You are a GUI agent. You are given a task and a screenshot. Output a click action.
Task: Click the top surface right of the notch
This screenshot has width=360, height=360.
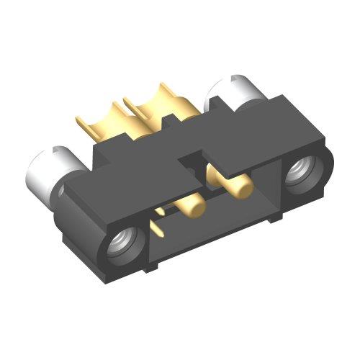coord(238,140)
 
